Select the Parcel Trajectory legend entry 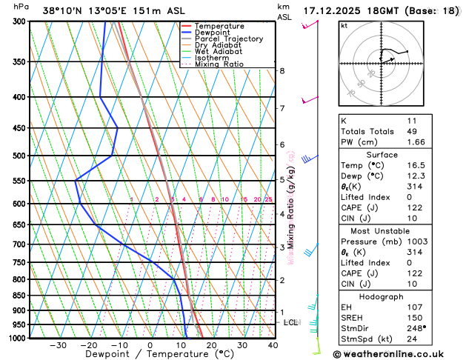pos(228,39)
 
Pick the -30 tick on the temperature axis pos(58,345)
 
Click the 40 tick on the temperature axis pos(273,345)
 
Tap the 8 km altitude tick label pos(282,71)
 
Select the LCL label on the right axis pos(290,322)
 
